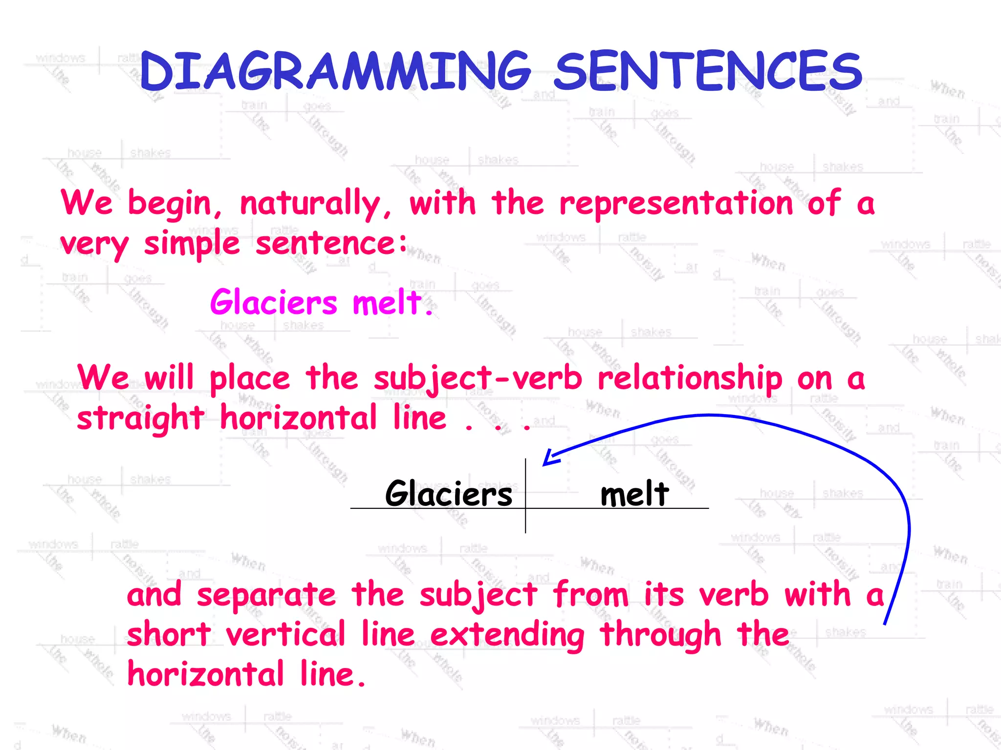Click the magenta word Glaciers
coord(274,302)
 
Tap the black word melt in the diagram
coord(634,494)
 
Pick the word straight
coord(141,419)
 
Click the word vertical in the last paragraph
coord(286,634)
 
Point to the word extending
coord(507,635)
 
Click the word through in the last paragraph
coord(661,635)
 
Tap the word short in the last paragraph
coord(169,634)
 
